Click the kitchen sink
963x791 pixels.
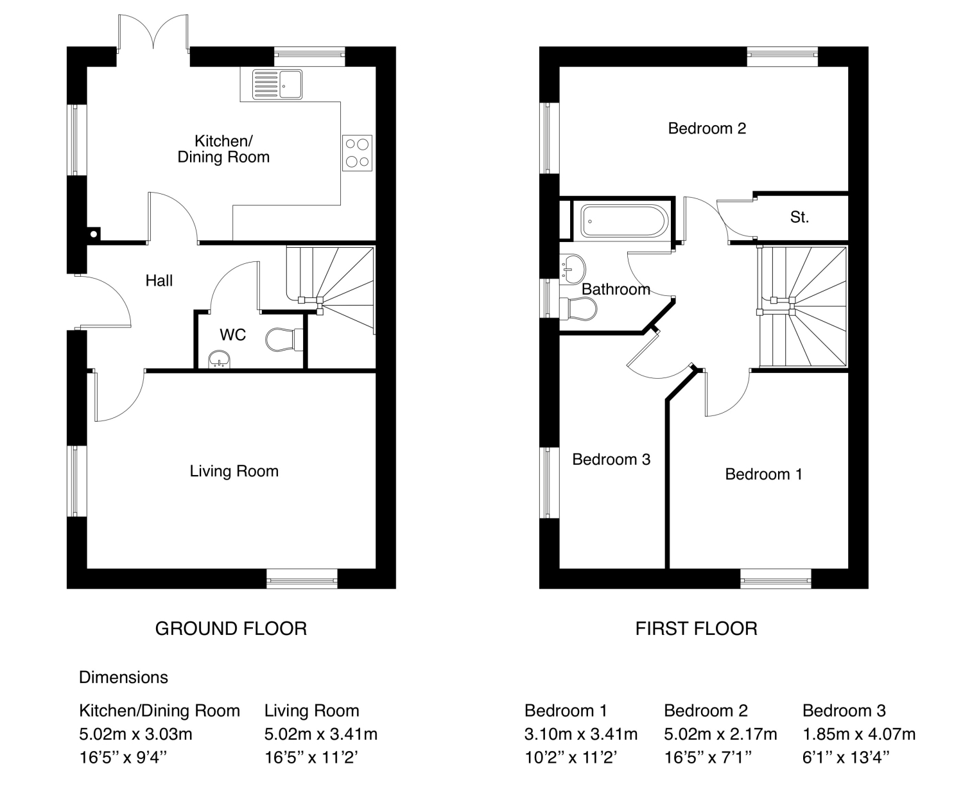point(277,84)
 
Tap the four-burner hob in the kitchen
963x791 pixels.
point(357,153)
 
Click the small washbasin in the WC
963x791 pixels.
point(220,360)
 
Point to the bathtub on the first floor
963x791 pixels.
point(624,221)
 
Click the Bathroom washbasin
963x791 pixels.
point(573,268)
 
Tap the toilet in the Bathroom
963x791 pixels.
point(578,309)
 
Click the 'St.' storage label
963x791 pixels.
point(799,217)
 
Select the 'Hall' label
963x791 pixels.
point(159,281)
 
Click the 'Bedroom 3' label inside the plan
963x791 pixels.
point(611,459)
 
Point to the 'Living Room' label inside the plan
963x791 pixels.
point(234,471)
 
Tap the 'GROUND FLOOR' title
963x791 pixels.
point(231,629)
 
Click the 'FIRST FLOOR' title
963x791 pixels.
point(697,629)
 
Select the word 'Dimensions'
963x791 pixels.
point(123,677)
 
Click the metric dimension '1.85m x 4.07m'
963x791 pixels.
point(859,734)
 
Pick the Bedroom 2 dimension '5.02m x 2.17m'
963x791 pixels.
point(720,734)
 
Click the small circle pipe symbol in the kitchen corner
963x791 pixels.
point(94,234)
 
